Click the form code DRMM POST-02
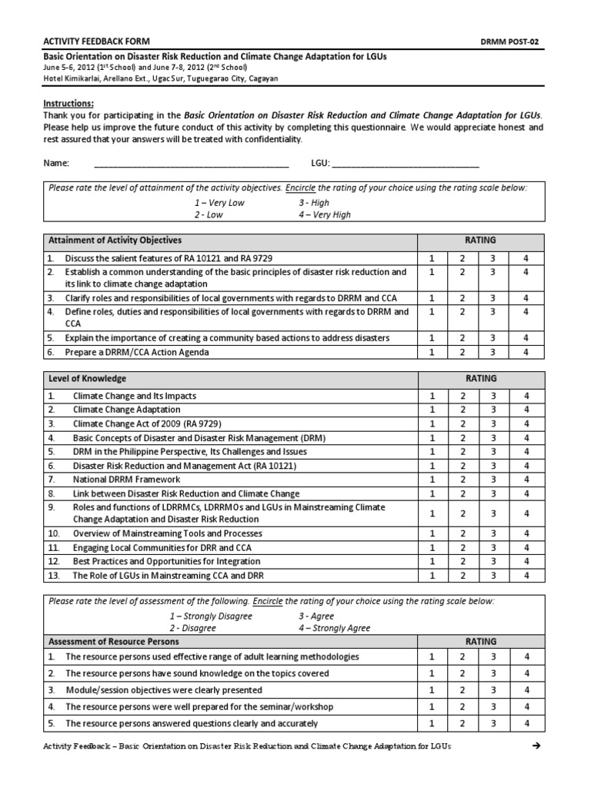(x=536, y=41)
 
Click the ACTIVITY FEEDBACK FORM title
(x=95, y=41)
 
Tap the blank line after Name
(x=191, y=163)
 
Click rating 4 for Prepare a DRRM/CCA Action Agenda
(x=526, y=352)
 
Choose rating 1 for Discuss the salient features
(x=432, y=258)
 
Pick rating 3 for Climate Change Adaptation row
(x=492, y=410)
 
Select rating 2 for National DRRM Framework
(x=462, y=479)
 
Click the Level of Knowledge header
(x=86, y=379)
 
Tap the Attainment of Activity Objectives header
(x=115, y=240)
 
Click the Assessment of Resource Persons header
(x=113, y=641)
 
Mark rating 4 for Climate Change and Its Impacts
(x=526, y=396)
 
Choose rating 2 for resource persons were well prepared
(x=462, y=706)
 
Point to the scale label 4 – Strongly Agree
(x=334, y=628)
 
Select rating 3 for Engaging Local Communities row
(x=492, y=548)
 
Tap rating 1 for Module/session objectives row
(x=432, y=690)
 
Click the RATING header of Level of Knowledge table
(x=480, y=379)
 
